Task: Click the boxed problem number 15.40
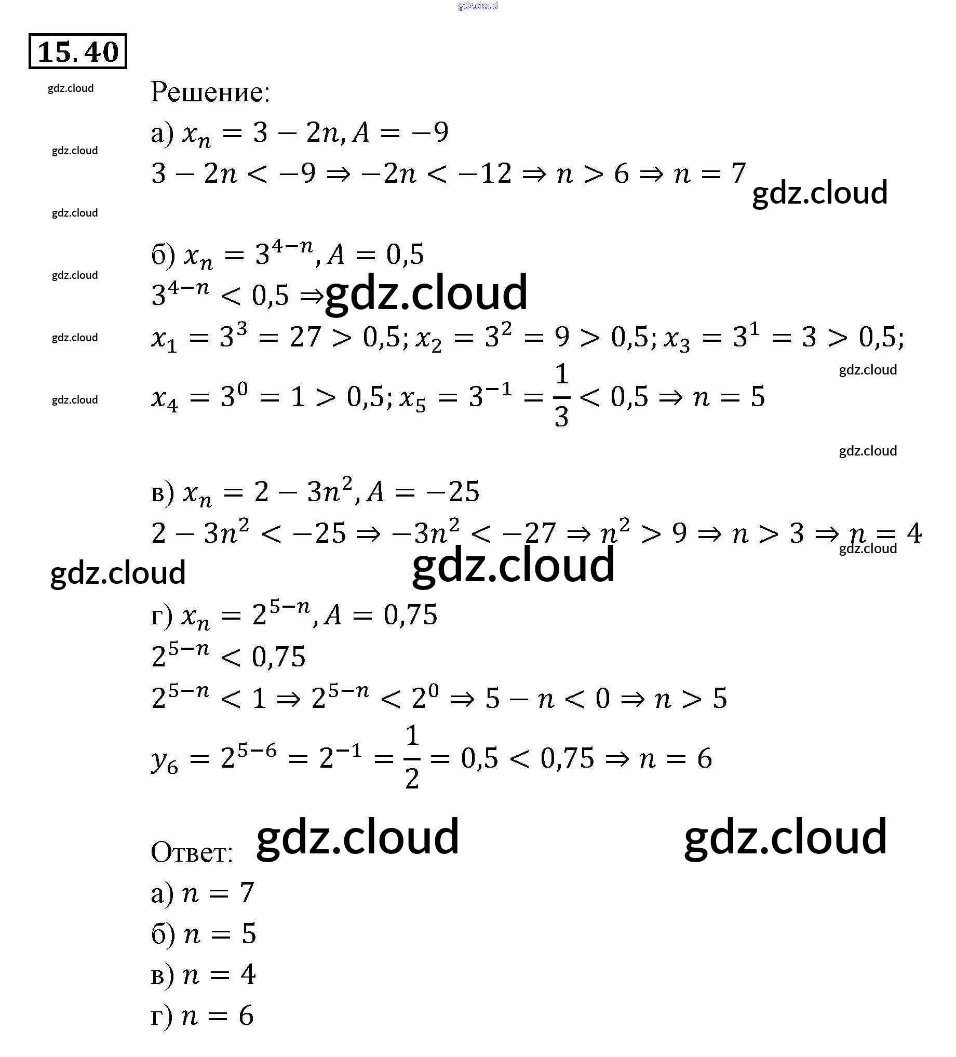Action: [x=77, y=51]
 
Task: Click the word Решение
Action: [x=210, y=92]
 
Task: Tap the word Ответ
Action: [x=191, y=852]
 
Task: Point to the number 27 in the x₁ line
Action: [x=305, y=337]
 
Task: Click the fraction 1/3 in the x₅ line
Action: [x=561, y=395]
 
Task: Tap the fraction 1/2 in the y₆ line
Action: [x=412, y=757]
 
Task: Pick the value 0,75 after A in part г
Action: [x=410, y=615]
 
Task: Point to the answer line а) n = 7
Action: [x=203, y=893]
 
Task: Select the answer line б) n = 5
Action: [x=204, y=934]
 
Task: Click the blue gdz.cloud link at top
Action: [x=477, y=6]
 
